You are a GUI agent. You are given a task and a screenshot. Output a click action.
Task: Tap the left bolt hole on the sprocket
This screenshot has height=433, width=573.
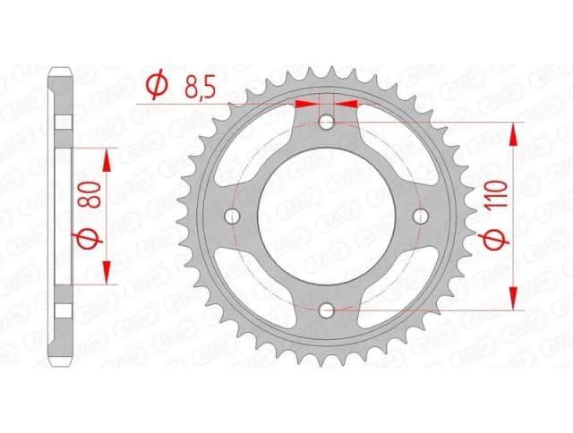(x=234, y=216)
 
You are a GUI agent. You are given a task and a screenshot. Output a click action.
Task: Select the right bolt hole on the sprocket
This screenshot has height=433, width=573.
(x=419, y=216)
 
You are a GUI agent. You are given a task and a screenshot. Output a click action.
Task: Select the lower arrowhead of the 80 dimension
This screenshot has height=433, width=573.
(x=107, y=273)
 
